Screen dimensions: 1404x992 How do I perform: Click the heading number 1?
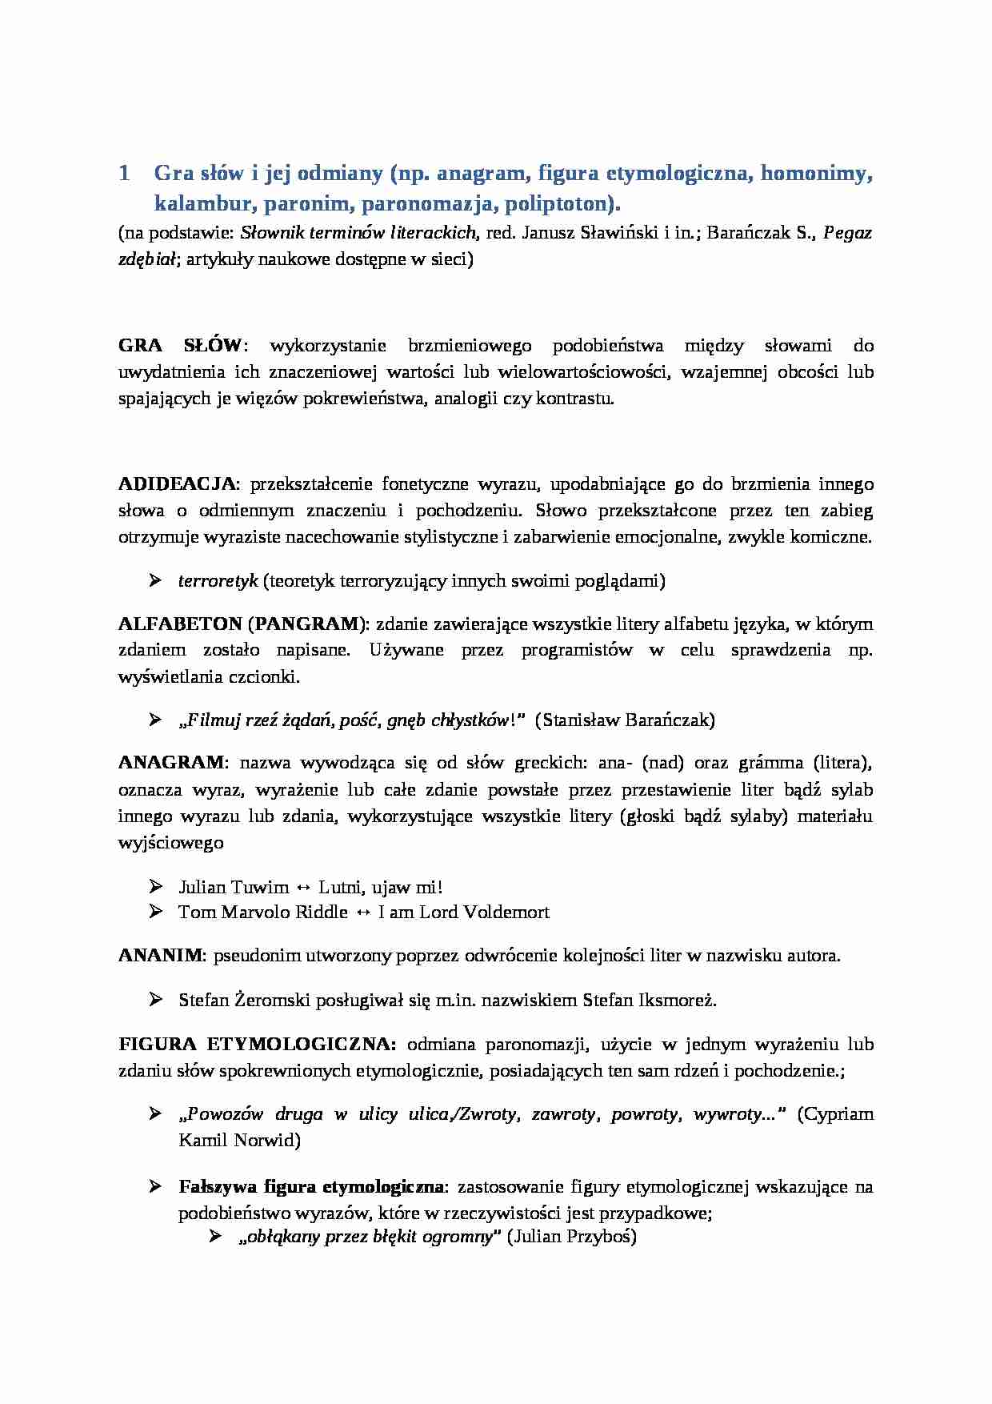[124, 174]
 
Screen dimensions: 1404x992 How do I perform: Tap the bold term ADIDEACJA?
[177, 484]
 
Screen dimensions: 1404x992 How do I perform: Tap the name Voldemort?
[509, 912]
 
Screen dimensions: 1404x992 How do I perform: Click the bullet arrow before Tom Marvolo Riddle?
[156, 912]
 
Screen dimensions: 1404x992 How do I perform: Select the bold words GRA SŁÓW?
[179, 346]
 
